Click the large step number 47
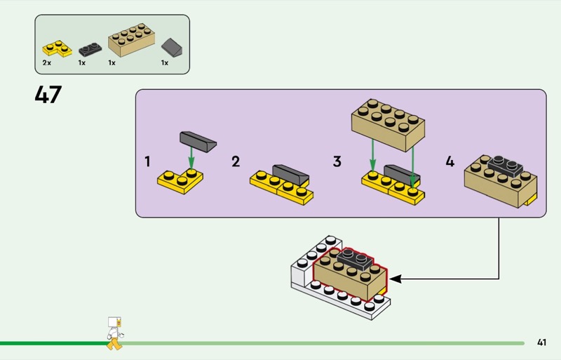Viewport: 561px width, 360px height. click(48, 94)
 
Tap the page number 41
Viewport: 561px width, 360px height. click(541, 342)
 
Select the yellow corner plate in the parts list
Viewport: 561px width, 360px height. click(58, 49)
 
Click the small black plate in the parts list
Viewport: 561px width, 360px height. click(89, 50)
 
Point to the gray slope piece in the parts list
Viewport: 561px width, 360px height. click(171, 48)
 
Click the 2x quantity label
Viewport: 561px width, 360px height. click(46, 63)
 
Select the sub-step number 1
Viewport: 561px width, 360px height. click(147, 161)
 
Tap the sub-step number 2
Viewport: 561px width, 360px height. click(236, 161)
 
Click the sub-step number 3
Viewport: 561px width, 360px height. click(337, 161)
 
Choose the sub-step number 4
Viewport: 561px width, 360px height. click(450, 161)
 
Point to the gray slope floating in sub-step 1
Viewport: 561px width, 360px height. click(198, 140)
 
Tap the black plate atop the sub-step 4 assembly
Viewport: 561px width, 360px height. click(503, 165)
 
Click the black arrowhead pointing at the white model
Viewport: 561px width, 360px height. click(395, 279)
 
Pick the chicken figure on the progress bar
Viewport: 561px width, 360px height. click(114, 333)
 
